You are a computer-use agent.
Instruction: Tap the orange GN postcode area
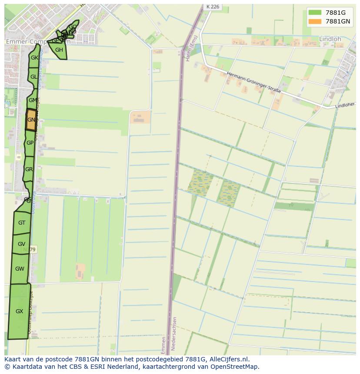point(31,120)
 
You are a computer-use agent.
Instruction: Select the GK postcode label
point(34,58)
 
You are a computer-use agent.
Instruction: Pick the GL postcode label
point(33,77)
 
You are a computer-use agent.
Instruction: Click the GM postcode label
point(33,100)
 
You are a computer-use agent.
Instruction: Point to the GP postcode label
point(30,143)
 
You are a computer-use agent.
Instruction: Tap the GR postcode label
point(29,169)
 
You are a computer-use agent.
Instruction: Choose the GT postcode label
point(22,223)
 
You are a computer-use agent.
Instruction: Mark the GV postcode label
point(21,244)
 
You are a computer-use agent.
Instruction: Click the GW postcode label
point(20,269)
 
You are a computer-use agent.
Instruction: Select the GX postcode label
point(19,311)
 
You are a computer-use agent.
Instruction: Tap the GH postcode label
point(59,50)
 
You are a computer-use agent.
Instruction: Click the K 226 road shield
point(213,7)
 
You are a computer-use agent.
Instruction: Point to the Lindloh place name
point(330,39)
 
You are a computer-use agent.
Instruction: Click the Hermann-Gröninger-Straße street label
point(253,83)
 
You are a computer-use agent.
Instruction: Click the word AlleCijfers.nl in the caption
point(228,359)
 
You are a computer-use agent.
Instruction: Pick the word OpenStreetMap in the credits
point(237,367)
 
